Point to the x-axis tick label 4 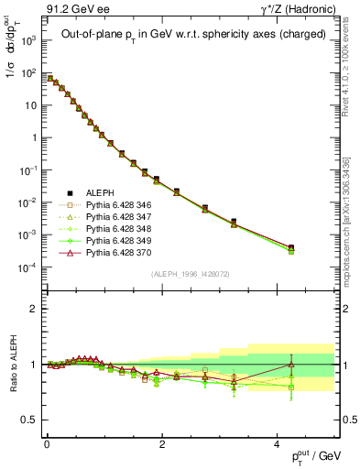point(277,443)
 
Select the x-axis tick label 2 point(161,443)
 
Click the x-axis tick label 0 point(47,443)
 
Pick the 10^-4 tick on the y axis point(27,267)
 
